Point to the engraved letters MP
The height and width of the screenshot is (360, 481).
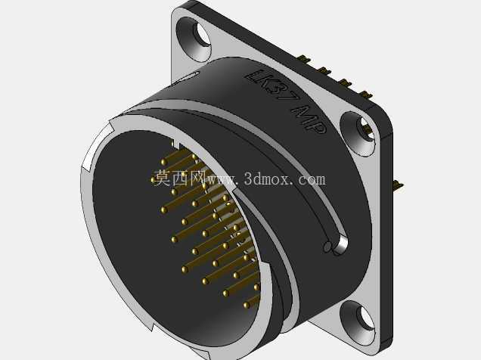pos(309,119)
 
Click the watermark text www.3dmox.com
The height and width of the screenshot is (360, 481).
pos(266,178)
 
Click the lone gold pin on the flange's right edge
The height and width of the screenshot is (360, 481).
pos(398,185)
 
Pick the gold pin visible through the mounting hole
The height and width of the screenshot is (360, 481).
pos(365,128)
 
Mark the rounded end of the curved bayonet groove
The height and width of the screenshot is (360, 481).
pos(341,244)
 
